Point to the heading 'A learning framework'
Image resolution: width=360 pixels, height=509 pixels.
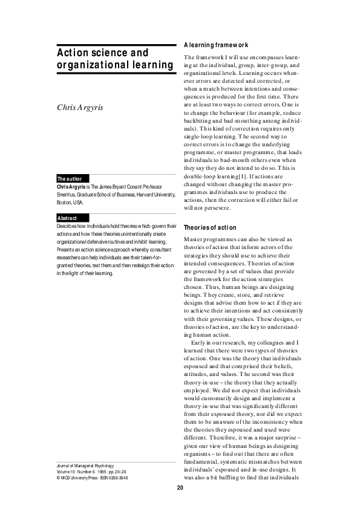[216, 45]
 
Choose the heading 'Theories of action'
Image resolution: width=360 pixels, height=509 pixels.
[209, 227]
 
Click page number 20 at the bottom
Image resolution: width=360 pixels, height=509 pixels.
[180, 488]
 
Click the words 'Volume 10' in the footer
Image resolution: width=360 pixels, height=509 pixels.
[65, 472]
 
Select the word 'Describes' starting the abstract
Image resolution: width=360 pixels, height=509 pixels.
[68, 225]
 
